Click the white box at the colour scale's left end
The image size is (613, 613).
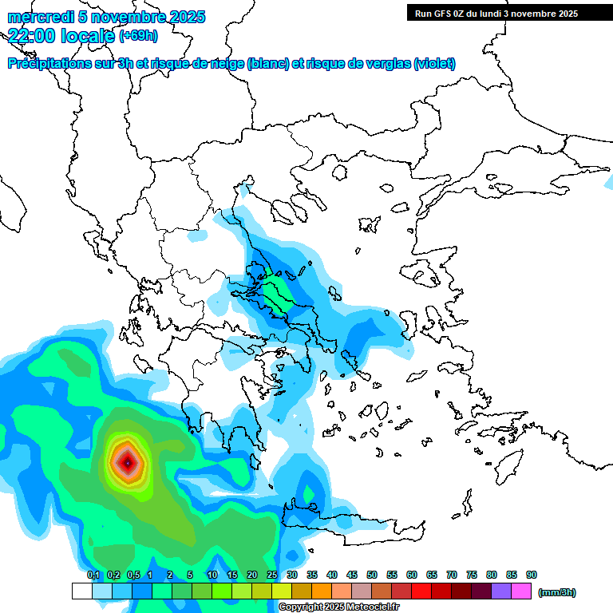click(x=81, y=591)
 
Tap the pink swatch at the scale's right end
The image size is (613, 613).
click(x=521, y=591)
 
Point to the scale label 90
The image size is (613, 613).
click(x=532, y=575)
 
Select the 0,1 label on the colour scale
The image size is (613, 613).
click(x=93, y=575)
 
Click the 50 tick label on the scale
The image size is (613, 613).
click(x=372, y=575)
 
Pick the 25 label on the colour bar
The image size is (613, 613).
click(x=272, y=575)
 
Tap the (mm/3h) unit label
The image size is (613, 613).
click(x=557, y=592)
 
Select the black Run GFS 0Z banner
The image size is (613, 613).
click(x=492, y=13)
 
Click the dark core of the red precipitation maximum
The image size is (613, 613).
click(x=126, y=461)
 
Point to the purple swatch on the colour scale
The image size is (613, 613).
click(x=501, y=591)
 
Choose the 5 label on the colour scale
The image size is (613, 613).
click(x=190, y=575)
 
